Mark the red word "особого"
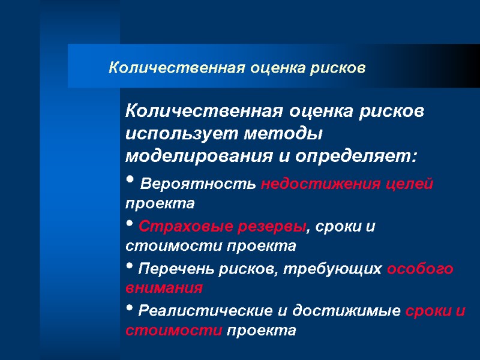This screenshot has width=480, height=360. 420,270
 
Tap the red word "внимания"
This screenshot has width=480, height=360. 164,287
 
